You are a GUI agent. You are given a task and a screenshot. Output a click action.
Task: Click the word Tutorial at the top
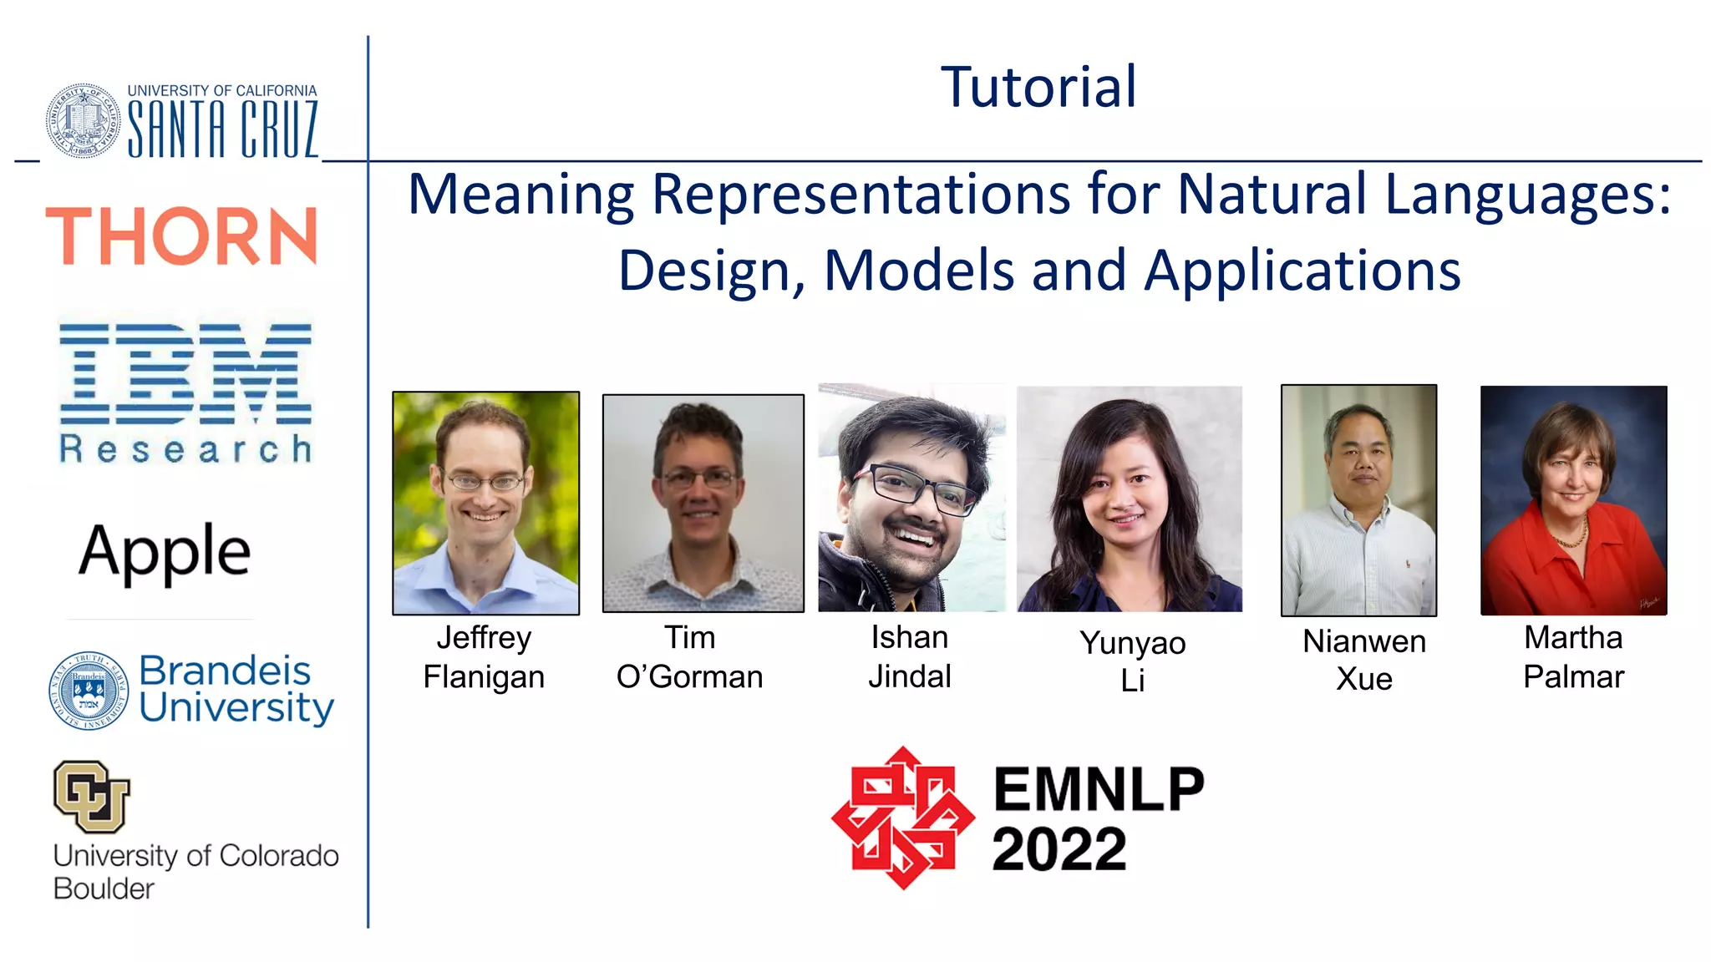click(x=1038, y=87)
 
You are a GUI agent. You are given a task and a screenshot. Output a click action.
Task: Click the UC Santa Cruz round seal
click(x=83, y=121)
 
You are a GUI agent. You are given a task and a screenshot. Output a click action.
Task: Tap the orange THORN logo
click(x=181, y=236)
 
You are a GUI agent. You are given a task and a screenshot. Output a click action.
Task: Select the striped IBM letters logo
click(x=185, y=374)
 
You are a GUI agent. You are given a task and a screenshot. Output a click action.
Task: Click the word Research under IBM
click(x=185, y=449)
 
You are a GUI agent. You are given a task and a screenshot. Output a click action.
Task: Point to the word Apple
click(x=165, y=552)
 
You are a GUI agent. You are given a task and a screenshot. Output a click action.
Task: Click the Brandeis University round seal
click(x=89, y=691)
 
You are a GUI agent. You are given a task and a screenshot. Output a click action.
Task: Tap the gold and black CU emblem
click(x=92, y=796)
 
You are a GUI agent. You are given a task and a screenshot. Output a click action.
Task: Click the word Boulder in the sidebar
click(x=104, y=889)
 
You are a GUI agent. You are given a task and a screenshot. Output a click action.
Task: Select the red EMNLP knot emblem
click(x=903, y=818)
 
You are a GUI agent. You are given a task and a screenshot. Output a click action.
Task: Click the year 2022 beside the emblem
click(x=1059, y=849)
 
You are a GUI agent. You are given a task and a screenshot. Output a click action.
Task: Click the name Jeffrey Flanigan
click(x=484, y=657)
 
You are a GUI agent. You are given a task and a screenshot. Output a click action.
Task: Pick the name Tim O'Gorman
click(x=690, y=657)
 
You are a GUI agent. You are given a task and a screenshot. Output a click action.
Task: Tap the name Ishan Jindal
click(x=910, y=657)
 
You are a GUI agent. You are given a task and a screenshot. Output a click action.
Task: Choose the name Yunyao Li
click(x=1132, y=661)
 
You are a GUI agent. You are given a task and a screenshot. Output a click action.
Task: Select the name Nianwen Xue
click(x=1364, y=660)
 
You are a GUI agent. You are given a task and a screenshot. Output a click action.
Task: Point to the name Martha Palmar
click(x=1573, y=657)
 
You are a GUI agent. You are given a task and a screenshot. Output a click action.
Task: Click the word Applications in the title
click(x=1302, y=271)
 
